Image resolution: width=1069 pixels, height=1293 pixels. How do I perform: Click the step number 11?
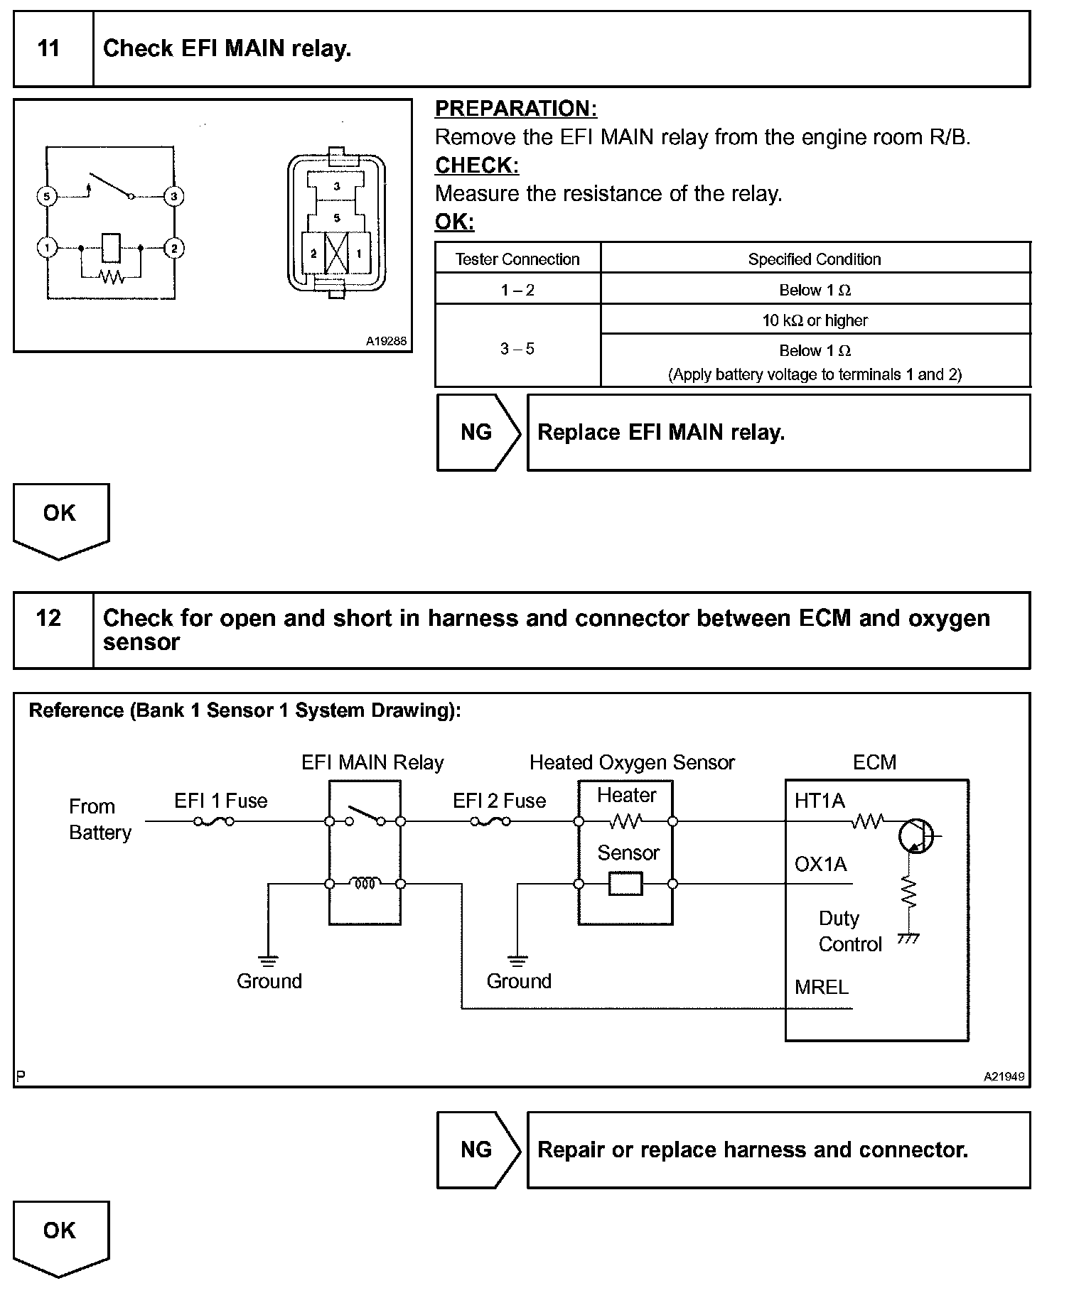click(x=48, y=48)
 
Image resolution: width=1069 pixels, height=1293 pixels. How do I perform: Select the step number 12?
click(x=48, y=617)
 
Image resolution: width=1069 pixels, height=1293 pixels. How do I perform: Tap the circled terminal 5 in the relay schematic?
click(x=46, y=196)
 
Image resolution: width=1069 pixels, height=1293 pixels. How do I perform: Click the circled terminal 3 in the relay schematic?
click(x=173, y=196)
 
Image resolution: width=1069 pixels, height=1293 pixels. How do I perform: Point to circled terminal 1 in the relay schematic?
click(x=46, y=248)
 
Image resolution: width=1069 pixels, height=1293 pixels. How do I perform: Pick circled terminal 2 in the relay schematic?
click(x=173, y=248)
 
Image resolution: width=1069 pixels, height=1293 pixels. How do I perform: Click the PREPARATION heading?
click(x=516, y=109)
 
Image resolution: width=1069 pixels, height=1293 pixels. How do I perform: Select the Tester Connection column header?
click(x=517, y=259)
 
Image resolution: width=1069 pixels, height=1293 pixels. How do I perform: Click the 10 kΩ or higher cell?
click(x=815, y=320)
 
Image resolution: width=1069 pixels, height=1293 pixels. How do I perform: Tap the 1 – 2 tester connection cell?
click(x=517, y=290)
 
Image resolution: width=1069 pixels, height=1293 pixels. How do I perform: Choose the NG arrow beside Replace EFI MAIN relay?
click(x=478, y=432)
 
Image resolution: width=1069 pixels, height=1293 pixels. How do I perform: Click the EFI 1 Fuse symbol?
click(x=214, y=822)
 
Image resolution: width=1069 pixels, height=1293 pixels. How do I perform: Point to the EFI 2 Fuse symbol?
click(x=490, y=822)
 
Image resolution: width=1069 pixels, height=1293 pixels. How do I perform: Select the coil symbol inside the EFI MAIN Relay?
click(x=365, y=884)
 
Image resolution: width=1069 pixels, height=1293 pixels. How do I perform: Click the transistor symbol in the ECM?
click(x=915, y=836)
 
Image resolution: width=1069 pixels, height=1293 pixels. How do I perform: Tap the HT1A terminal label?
click(x=820, y=801)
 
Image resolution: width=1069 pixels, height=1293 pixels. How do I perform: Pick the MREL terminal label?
click(x=822, y=987)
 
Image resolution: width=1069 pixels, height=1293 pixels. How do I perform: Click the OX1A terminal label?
click(x=821, y=864)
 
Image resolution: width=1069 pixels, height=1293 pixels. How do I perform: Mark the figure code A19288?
click(x=386, y=341)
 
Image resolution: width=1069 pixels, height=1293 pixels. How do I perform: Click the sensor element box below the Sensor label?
click(x=625, y=884)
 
